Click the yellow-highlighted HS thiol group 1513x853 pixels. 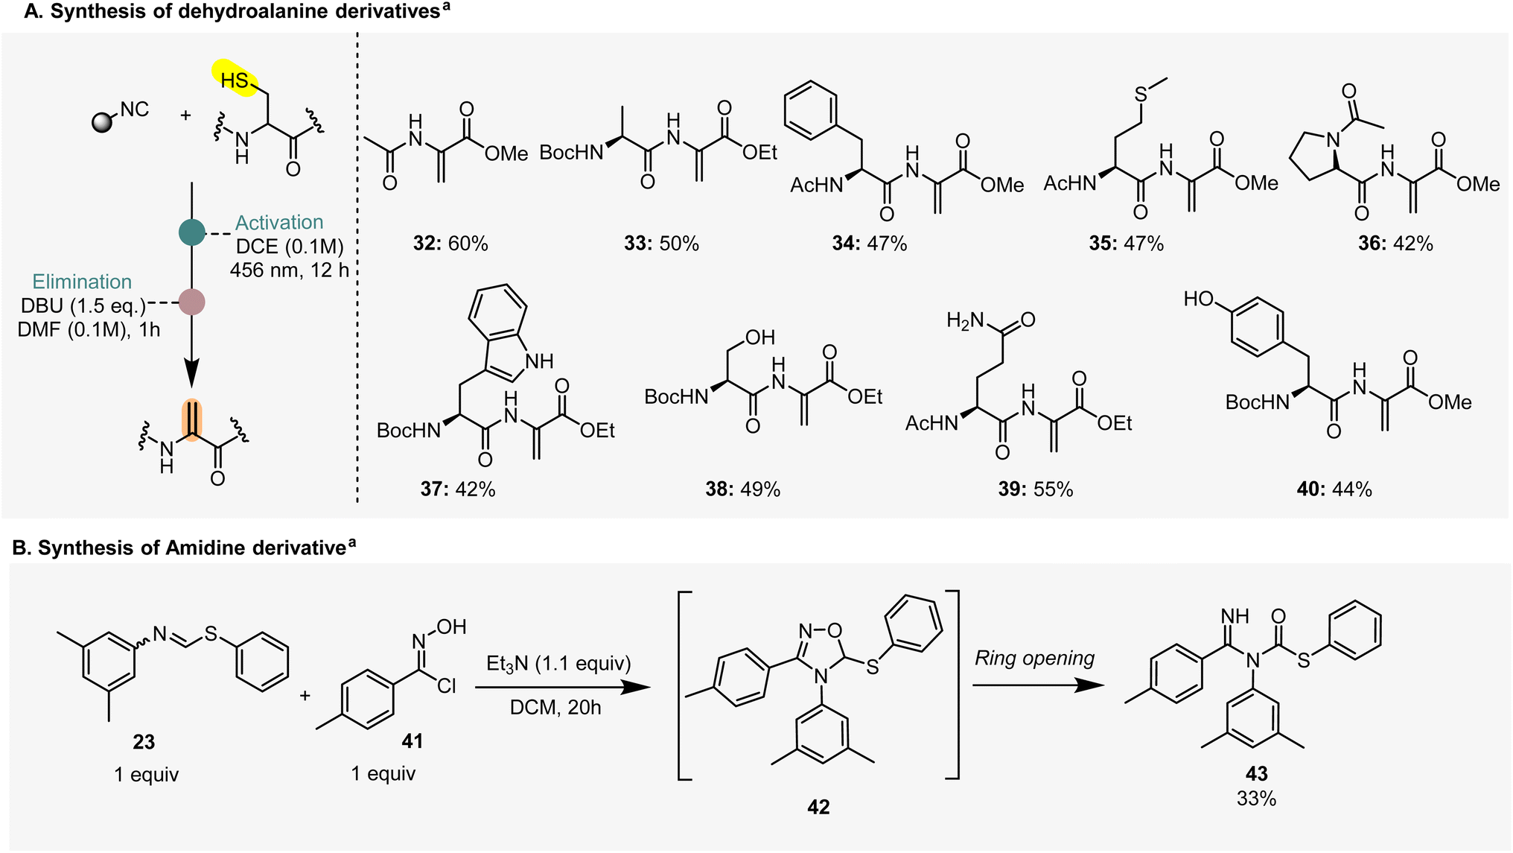click(235, 78)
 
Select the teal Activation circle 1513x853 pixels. click(192, 232)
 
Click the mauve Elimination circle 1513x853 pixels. click(192, 302)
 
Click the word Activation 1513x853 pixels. click(279, 222)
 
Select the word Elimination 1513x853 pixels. click(82, 282)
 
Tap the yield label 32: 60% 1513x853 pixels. click(450, 244)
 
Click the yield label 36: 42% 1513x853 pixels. click(1395, 244)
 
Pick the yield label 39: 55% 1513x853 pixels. click(1036, 489)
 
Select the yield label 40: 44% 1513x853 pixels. click(1334, 489)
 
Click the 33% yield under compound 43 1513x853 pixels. click(1256, 799)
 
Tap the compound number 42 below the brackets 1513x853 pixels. click(818, 807)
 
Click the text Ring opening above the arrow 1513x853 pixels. click(1035, 658)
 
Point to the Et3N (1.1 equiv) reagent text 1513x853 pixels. click(558, 663)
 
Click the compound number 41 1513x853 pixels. click(412, 741)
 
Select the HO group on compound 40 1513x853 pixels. click(1199, 299)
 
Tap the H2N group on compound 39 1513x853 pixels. click(965, 320)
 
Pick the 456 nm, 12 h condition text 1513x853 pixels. click(289, 270)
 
